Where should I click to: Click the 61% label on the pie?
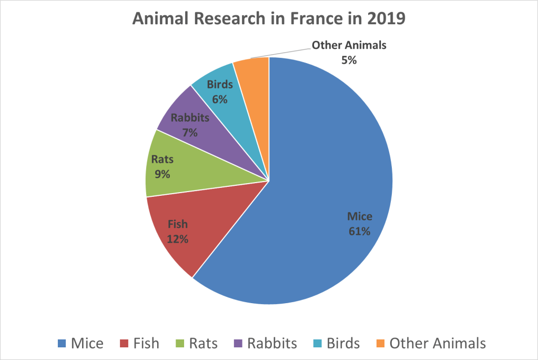(x=360, y=231)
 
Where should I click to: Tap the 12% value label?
(x=178, y=239)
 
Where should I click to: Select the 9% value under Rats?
(x=162, y=174)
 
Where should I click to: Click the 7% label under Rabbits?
(x=190, y=133)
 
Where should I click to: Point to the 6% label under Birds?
(x=220, y=98)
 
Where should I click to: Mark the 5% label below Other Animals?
(x=349, y=60)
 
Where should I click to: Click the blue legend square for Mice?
(x=62, y=344)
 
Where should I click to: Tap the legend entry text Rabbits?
(x=272, y=344)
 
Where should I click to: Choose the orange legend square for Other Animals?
(x=380, y=344)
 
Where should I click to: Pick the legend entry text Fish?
(x=146, y=344)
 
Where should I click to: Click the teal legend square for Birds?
(x=317, y=344)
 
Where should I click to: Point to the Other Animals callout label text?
(x=349, y=45)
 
